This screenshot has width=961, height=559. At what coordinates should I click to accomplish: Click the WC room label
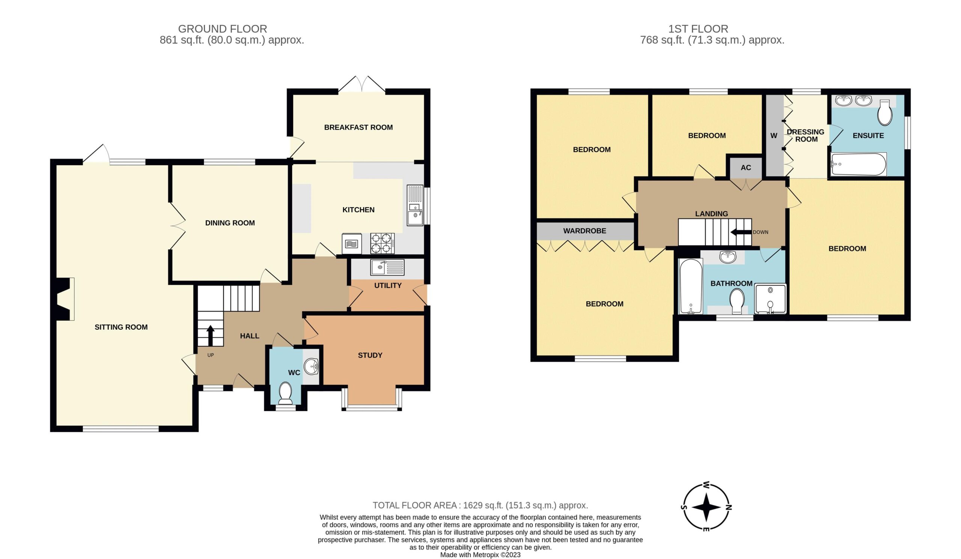[294, 372]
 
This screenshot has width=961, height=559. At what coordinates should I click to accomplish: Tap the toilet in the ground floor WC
[285, 393]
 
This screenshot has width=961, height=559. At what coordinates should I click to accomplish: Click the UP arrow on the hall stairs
[210, 335]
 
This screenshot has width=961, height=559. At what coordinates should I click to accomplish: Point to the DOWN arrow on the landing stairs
[741, 232]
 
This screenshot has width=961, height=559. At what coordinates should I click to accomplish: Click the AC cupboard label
[746, 167]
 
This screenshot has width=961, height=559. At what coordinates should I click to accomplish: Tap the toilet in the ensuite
[885, 113]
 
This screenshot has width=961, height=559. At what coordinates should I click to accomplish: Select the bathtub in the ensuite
[859, 164]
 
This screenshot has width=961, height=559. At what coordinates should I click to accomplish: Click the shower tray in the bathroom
[770, 299]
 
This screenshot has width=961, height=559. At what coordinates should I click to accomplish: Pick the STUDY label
[370, 356]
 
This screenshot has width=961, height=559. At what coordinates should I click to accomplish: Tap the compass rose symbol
[706, 507]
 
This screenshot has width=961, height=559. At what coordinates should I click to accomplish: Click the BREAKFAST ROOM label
[358, 127]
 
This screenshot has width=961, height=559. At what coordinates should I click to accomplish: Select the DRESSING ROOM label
[806, 136]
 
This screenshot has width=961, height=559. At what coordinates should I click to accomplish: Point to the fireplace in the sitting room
[65, 299]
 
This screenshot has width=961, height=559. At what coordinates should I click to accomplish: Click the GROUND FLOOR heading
[223, 29]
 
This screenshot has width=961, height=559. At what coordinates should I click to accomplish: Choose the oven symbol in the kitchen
[352, 244]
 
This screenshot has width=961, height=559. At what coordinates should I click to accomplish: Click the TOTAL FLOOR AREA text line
[480, 505]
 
